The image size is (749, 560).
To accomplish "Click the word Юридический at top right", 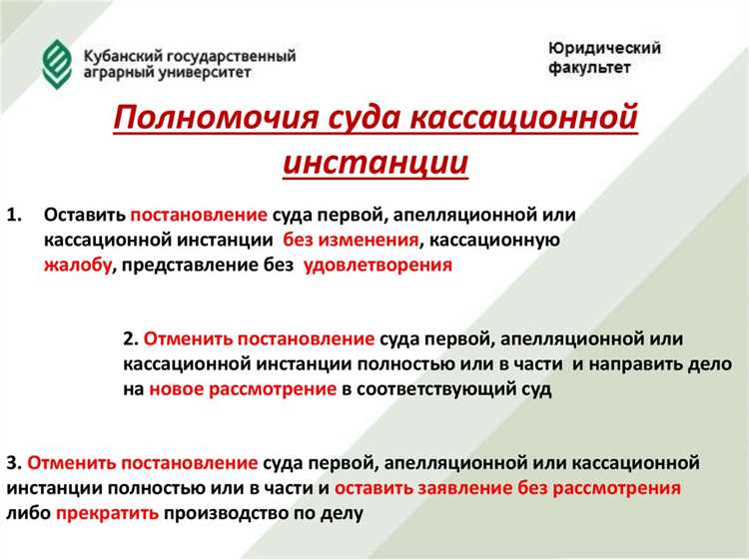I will [604, 48].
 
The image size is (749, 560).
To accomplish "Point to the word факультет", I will [589, 68].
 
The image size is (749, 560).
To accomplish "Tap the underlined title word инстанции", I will [374, 163].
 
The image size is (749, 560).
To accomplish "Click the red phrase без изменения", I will [349, 241].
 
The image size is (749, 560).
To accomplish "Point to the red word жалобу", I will [76, 266].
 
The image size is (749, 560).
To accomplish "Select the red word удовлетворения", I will [377, 266].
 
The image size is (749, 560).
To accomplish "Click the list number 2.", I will [132, 339].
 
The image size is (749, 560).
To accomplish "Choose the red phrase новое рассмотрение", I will [243, 390].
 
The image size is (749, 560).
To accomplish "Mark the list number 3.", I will [12, 464].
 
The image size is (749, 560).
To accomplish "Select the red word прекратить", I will [108, 514].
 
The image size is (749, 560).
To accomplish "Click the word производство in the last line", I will [227, 514].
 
